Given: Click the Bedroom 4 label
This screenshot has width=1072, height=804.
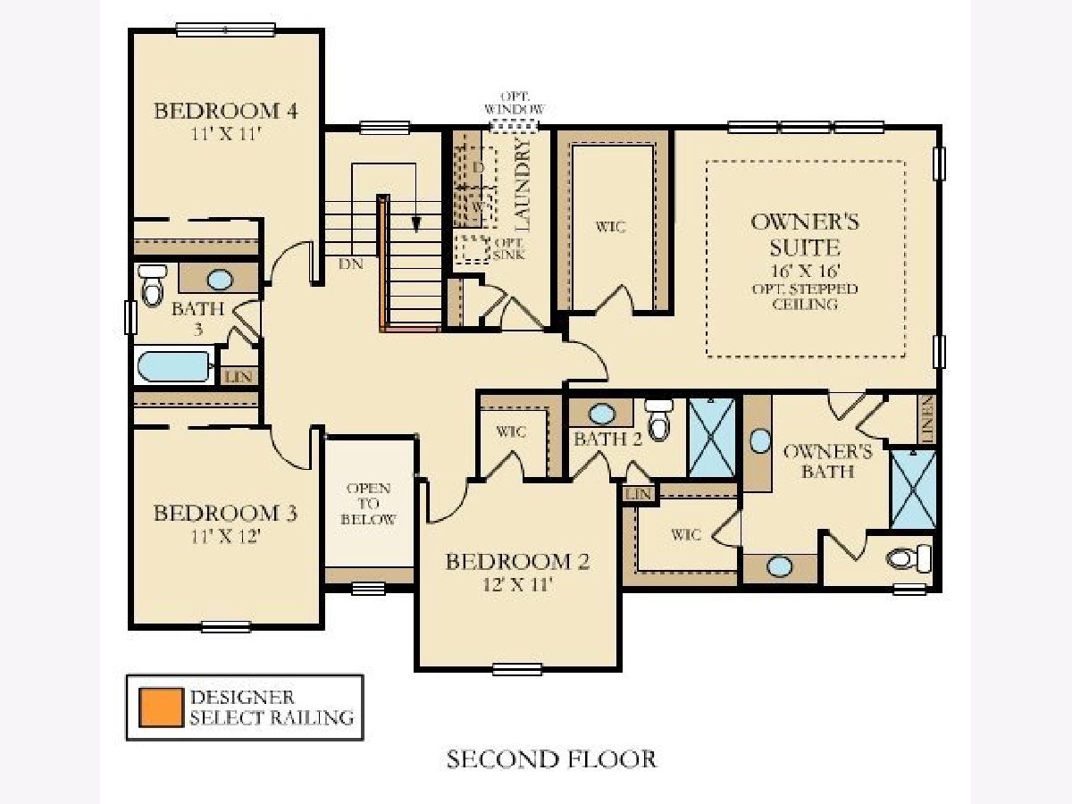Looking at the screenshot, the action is [x=226, y=111].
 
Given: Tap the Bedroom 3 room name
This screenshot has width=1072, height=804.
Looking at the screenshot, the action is [x=225, y=513].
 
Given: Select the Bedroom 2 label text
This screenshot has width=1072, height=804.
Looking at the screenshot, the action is [x=517, y=561].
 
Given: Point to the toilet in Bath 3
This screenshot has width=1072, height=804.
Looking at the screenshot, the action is [x=152, y=285].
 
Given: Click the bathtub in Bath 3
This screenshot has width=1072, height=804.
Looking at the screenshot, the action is [x=175, y=366].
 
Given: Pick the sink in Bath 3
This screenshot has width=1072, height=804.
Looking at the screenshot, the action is [x=220, y=280].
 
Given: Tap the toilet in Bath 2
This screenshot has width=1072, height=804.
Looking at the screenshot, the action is [x=658, y=419].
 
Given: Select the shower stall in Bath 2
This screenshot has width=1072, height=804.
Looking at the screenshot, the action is [x=712, y=438].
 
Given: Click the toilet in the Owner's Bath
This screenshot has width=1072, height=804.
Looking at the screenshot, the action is [x=909, y=558].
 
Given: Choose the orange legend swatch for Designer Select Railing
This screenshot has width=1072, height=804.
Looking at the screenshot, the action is [x=161, y=708].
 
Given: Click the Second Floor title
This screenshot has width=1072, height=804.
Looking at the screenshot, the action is [x=551, y=759].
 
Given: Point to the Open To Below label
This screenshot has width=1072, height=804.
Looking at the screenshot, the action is [x=368, y=504].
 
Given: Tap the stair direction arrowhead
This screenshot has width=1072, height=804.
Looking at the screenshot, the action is [x=415, y=224].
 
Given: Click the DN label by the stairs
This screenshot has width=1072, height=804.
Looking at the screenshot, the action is [x=351, y=264].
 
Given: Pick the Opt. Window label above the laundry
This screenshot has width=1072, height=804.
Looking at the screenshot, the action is [x=515, y=103].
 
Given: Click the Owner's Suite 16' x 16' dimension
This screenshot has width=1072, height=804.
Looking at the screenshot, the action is [x=806, y=271].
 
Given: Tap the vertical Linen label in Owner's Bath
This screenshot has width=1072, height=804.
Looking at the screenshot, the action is [x=927, y=419].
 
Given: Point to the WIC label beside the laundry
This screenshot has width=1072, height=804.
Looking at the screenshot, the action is [x=610, y=227].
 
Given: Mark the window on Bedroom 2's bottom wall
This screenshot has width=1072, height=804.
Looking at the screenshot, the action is [x=517, y=669].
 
